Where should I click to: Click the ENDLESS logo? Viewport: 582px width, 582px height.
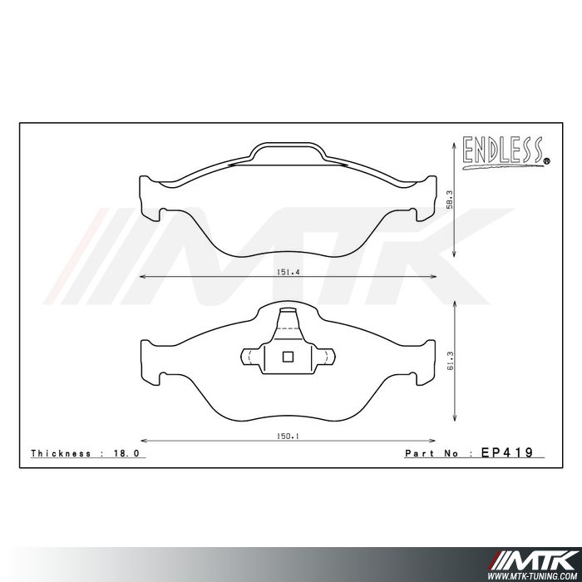(x=502, y=152)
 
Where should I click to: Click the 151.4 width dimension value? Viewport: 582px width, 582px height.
(x=287, y=271)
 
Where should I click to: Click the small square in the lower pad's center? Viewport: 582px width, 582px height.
(x=288, y=358)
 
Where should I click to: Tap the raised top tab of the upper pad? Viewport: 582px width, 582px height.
(x=287, y=151)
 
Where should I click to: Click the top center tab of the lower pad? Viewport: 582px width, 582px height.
(x=288, y=319)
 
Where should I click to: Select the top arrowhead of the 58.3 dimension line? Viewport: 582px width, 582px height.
(x=453, y=145)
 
